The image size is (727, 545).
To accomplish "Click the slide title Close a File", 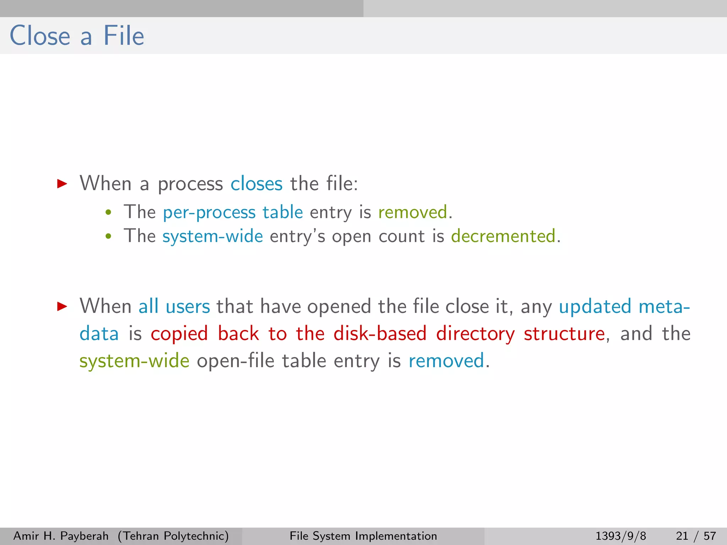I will pyautogui.click(x=77, y=36).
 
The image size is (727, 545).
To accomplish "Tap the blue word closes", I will pyautogui.click(x=256, y=184).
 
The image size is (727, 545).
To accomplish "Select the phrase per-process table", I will pyautogui.click(x=233, y=213).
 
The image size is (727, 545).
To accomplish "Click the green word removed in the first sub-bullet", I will pyautogui.click(x=412, y=213).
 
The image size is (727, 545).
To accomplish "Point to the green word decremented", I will pyautogui.click(x=503, y=236).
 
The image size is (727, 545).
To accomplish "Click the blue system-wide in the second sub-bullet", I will pyautogui.click(x=213, y=236).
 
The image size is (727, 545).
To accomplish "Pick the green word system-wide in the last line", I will pyautogui.click(x=134, y=361).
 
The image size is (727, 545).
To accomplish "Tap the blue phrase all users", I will pyautogui.click(x=174, y=307).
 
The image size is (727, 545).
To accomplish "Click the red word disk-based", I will pyautogui.click(x=380, y=334).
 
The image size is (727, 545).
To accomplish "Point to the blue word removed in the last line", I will pyautogui.click(x=446, y=361).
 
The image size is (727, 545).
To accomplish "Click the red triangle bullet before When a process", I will pyautogui.click(x=62, y=183).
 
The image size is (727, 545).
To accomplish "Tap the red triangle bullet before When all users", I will pyautogui.click(x=62, y=306).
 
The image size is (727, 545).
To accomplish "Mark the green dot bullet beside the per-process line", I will pyautogui.click(x=109, y=213).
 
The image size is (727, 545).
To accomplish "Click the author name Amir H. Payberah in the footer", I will pyautogui.click(x=61, y=536).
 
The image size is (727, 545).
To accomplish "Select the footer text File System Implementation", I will pyautogui.click(x=363, y=536).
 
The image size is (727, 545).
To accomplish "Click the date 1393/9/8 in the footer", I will pyautogui.click(x=621, y=536).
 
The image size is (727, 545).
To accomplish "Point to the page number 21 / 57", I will pyautogui.click(x=696, y=536).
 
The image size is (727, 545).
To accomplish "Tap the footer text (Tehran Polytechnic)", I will pyautogui.click(x=173, y=536).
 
